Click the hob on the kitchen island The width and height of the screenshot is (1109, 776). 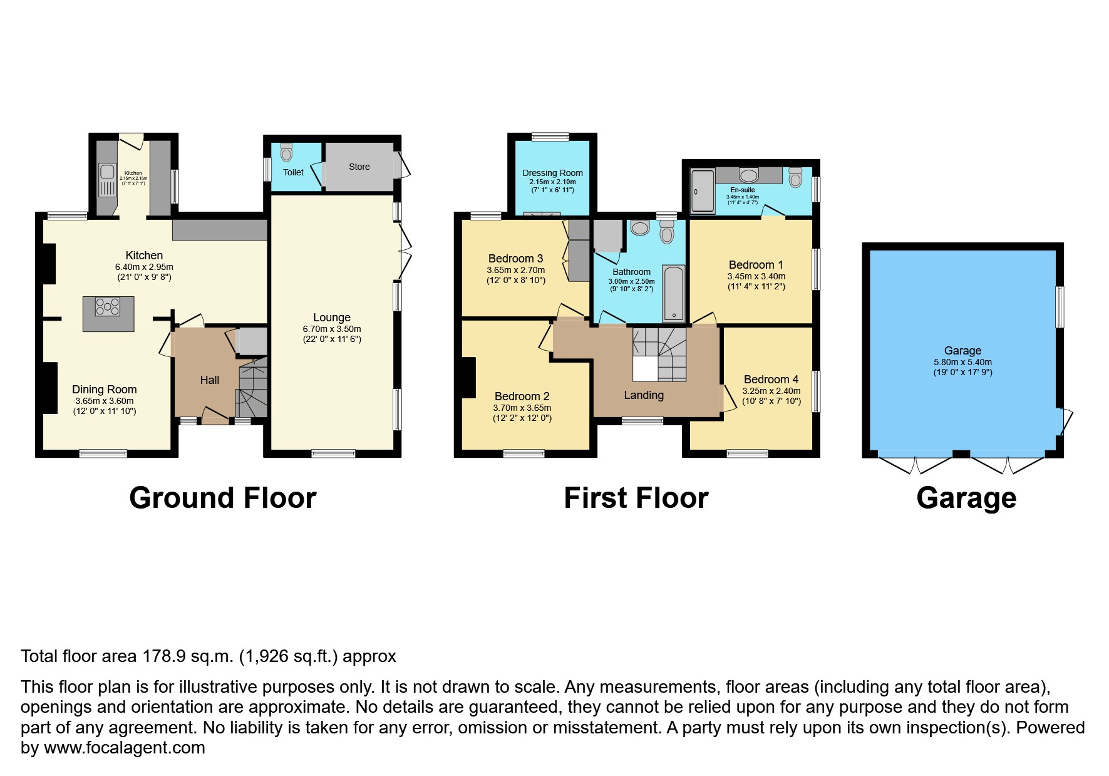[x=108, y=307]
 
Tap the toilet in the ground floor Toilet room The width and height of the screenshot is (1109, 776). [x=287, y=152]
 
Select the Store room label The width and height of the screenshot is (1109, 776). [x=359, y=167]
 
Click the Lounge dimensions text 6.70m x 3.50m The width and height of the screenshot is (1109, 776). [x=332, y=329]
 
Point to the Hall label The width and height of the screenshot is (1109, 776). [x=210, y=380]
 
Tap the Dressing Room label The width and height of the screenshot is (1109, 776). [x=552, y=173]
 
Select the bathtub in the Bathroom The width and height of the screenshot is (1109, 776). [x=674, y=292]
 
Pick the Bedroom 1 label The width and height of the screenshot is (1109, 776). [x=756, y=264]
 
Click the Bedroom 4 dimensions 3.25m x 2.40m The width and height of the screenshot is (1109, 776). [x=771, y=391]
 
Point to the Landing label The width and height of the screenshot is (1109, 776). [x=644, y=395]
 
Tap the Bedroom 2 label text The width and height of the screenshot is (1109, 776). [x=522, y=396]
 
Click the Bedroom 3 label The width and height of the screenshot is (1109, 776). [x=515, y=258]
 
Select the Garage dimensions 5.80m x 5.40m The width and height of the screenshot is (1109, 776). [x=962, y=362]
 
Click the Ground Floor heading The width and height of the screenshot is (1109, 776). [x=222, y=498]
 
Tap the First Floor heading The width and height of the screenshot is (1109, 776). [x=636, y=498]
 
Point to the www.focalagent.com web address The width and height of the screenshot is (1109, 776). [x=124, y=748]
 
